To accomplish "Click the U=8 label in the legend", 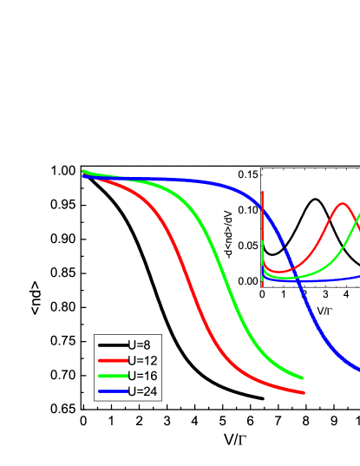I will pos(139,345).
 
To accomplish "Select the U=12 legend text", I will pos(142,360).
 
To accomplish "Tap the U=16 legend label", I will pos(142,376).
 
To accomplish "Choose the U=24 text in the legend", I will pos(142,391).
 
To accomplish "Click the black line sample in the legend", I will pos(112,345).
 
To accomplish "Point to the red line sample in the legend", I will pos(112,360).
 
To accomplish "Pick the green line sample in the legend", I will pos(112,376).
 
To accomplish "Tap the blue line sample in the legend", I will pos(112,391).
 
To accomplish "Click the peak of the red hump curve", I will pos(344,204).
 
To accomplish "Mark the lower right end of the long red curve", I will pos(304,393).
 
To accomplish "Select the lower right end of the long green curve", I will pos(302,377).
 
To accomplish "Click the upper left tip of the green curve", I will pos(83,171).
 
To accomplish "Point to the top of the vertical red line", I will pos(263,192).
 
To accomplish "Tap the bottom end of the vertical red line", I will pos(263,286).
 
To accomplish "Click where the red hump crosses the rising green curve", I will pos(356,222).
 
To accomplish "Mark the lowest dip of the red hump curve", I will pos(278,272).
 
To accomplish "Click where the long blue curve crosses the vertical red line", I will pos(263,209).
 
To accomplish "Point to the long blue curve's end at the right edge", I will pos(357,369).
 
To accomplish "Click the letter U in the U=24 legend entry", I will pos(132,391).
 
